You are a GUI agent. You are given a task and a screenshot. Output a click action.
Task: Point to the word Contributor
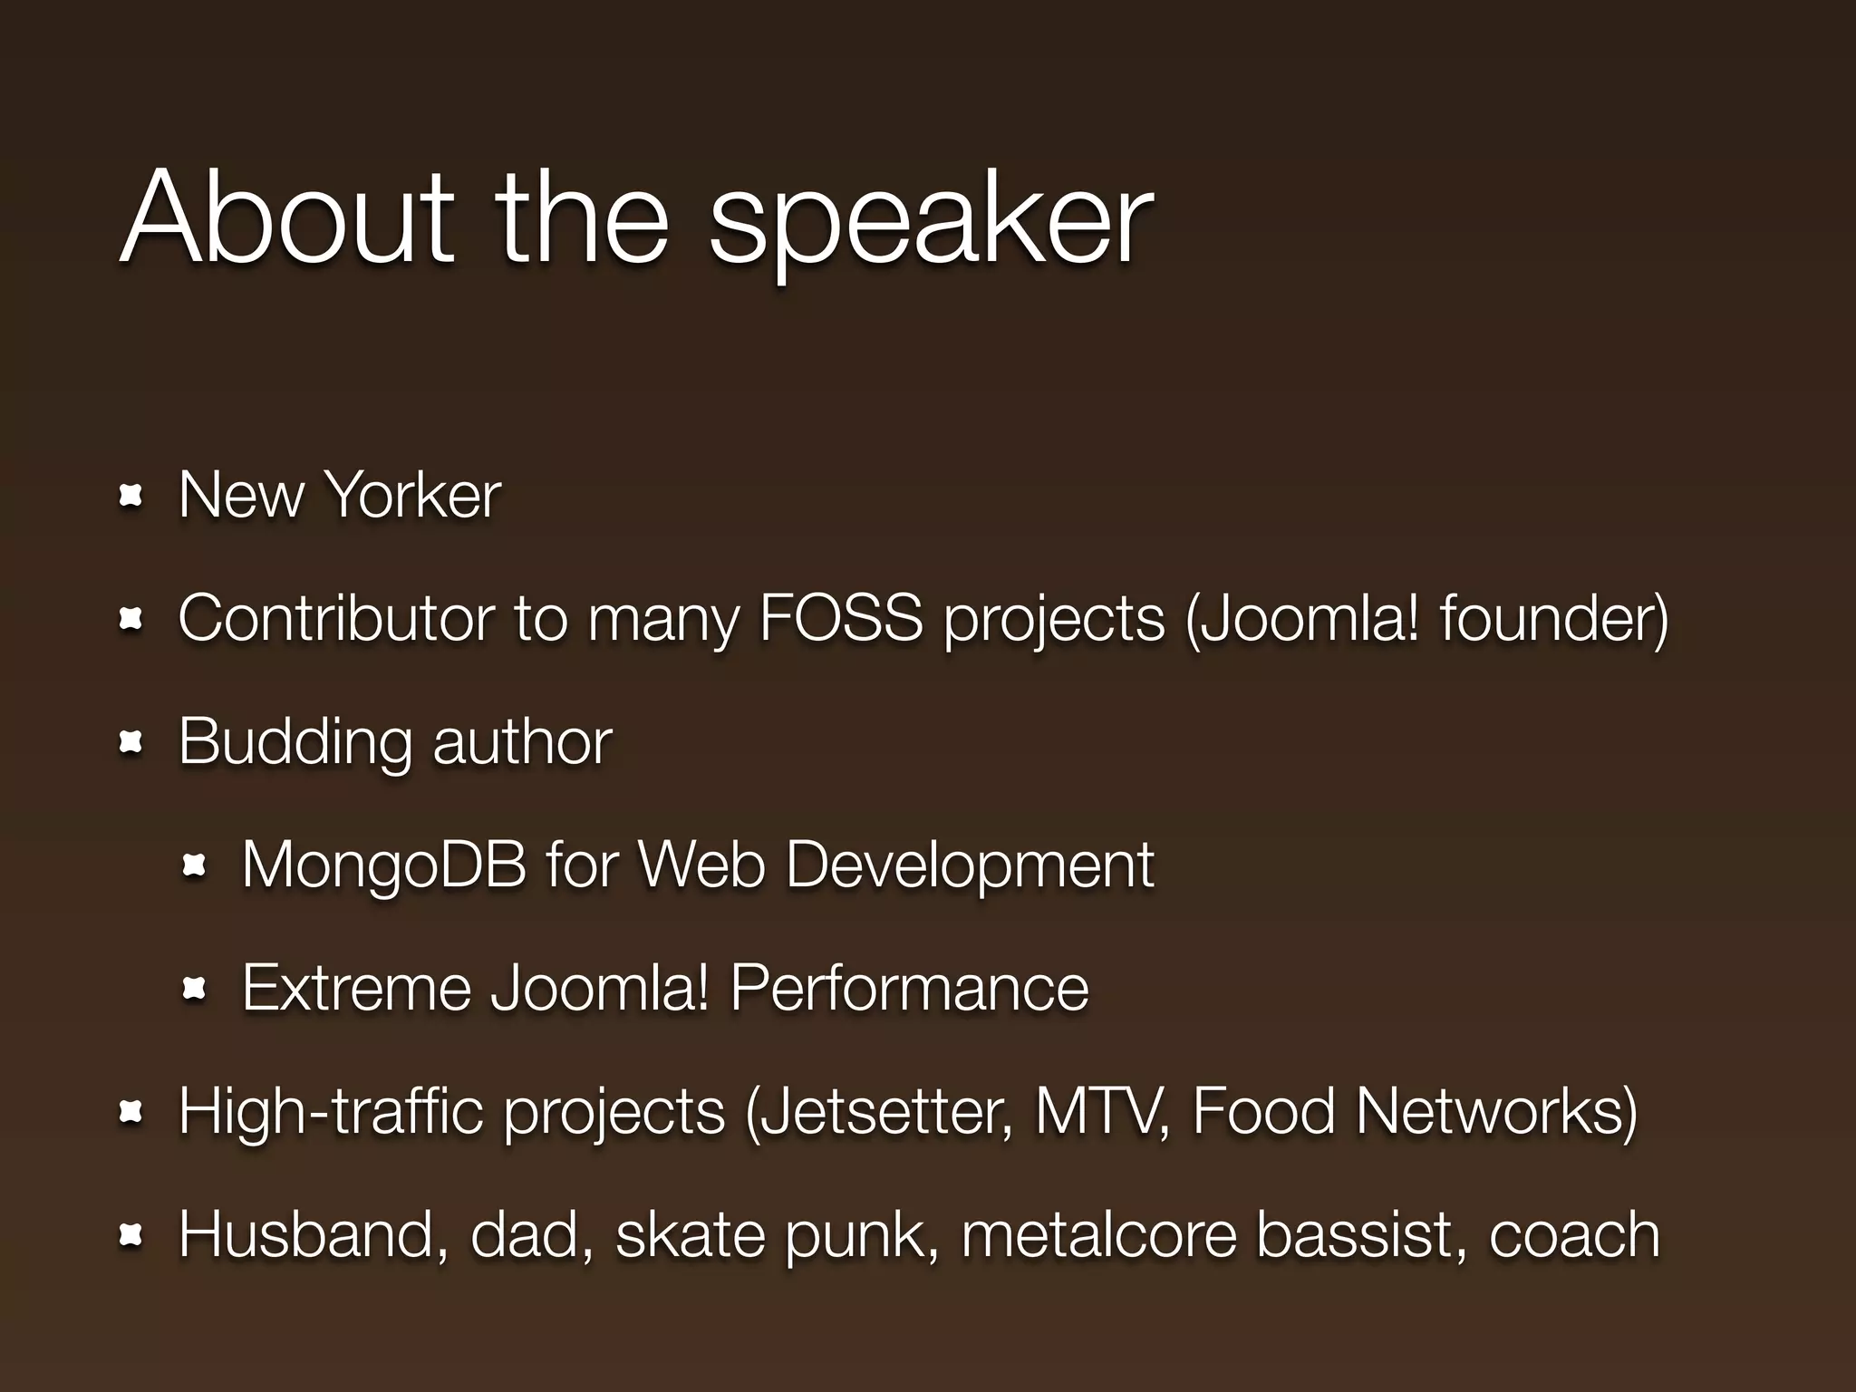click(335, 618)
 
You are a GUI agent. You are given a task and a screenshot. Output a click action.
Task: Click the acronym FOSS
click(840, 618)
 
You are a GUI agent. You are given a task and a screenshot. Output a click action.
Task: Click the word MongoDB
click(383, 865)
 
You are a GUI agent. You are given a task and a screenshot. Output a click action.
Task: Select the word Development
click(969, 865)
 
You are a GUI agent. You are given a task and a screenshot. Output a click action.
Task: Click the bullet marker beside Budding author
click(131, 743)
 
